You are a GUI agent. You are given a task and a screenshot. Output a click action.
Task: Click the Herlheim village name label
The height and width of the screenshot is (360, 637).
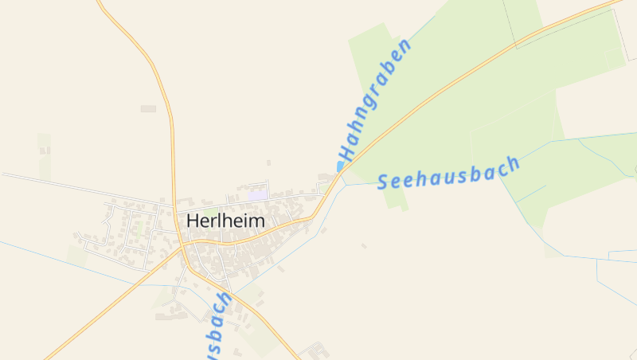tap(225, 221)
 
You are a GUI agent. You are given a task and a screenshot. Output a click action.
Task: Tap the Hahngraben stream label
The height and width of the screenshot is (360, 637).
tap(375, 100)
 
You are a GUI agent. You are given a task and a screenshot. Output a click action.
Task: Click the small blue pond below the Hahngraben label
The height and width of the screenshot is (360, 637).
tap(341, 166)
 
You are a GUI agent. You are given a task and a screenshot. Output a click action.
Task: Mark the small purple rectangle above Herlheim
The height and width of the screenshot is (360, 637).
tap(258, 195)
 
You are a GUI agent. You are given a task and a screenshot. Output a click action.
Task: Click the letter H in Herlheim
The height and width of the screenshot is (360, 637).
tap(193, 221)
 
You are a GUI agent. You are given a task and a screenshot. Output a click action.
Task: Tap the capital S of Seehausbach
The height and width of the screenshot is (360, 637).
tap(383, 183)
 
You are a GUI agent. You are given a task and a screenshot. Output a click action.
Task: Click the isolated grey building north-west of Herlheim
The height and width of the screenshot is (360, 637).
tap(148, 108)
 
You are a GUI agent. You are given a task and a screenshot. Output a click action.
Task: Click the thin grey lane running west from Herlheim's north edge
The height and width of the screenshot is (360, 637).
tap(80, 188)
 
